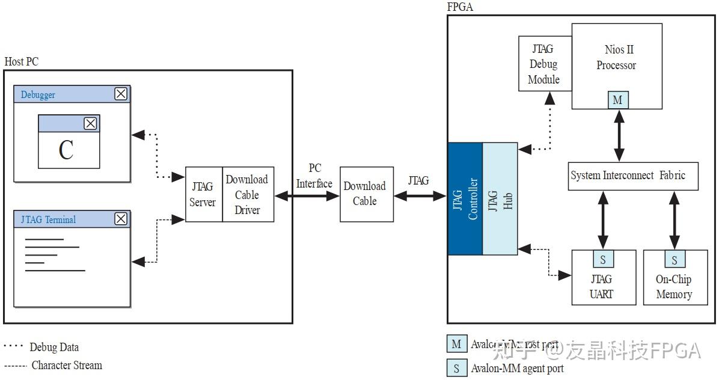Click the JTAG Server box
click(203, 194)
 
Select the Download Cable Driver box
click(248, 194)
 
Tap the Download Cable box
click(364, 194)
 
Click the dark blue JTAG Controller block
click(465, 198)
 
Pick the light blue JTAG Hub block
click(500, 198)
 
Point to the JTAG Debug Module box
click(543, 64)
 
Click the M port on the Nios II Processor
click(617, 100)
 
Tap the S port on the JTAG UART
click(603, 260)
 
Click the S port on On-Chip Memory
click(675, 260)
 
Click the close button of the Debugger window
click(121, 94)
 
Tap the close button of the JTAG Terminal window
click(121, 219)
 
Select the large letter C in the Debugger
click(66, 150)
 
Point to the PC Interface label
click(314, 176)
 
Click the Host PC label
click(22, 62)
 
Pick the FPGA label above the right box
click(460, 7)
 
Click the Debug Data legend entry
click(54, 347)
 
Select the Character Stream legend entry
click(66, 365)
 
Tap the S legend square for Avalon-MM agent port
click(456, 368)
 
